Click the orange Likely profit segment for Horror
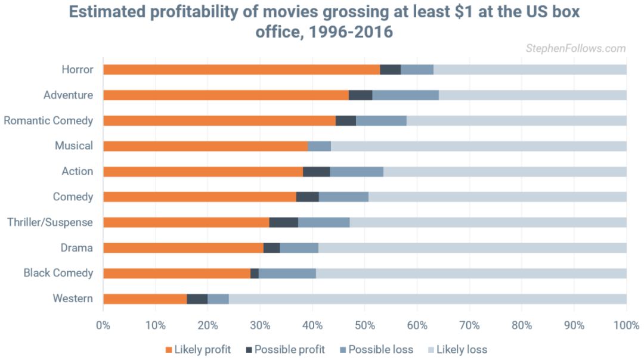241,70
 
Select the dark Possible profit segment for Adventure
360,95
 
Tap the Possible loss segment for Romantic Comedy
381,120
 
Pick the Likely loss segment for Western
427,299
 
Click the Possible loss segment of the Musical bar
319,146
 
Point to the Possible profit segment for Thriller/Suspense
283,222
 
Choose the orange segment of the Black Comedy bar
177,273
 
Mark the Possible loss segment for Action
357,172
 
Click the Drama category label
76,248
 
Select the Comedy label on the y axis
73,197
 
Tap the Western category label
73,299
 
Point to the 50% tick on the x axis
365,325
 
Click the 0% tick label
103,325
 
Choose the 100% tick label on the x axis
626,325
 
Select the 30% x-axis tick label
260,325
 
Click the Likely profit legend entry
198,349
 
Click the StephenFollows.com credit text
575,48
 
